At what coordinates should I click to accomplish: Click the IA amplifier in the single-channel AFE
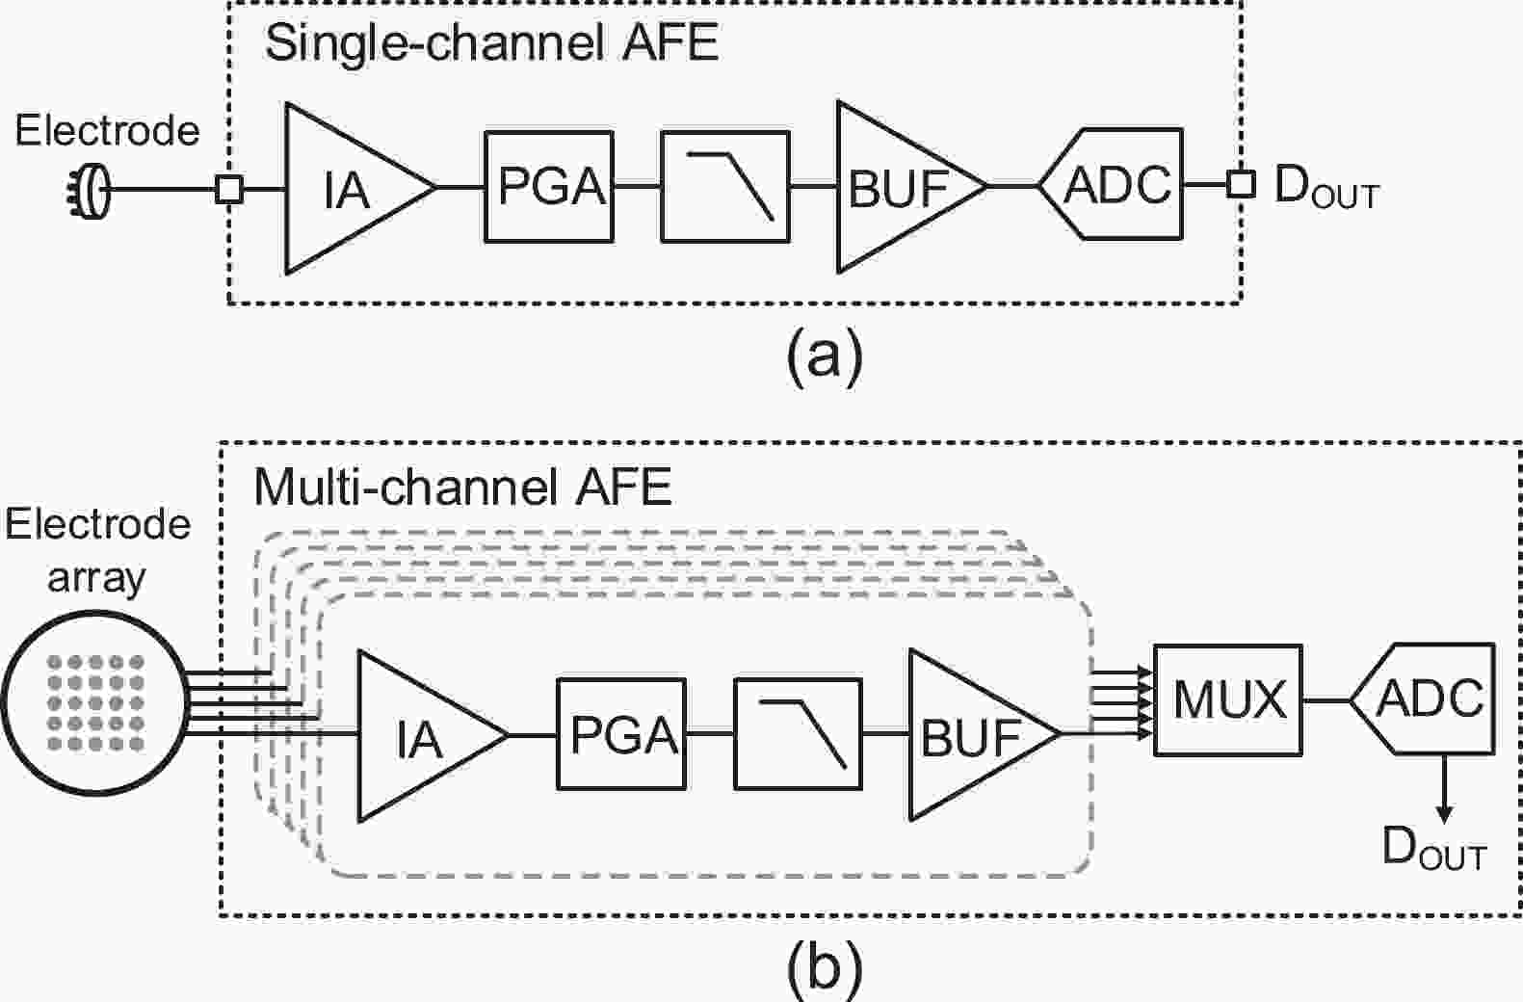[x=347, y=188]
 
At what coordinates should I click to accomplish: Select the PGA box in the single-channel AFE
[x=549, y=187]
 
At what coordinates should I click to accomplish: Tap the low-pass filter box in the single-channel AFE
[x=725, y=187]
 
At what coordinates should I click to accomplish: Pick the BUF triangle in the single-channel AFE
[x=896, y=188]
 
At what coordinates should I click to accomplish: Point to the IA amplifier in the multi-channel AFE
[x=419, y=736]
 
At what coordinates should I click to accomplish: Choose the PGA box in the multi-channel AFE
[x=621, y=734]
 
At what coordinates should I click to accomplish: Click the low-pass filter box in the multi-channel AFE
[x=799, y=734]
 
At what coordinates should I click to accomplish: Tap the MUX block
[x=1228, y=699]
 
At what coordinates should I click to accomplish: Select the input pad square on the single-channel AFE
[x=228, y=189]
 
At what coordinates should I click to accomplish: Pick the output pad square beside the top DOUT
[x=1241, y=184]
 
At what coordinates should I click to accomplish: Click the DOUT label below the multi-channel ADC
[x=1433, y=848]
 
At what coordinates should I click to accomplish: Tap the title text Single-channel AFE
[x=491, y=43]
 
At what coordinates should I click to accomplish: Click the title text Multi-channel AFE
[x=462, y=488]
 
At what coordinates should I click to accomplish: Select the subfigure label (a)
[x=825, y=357]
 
